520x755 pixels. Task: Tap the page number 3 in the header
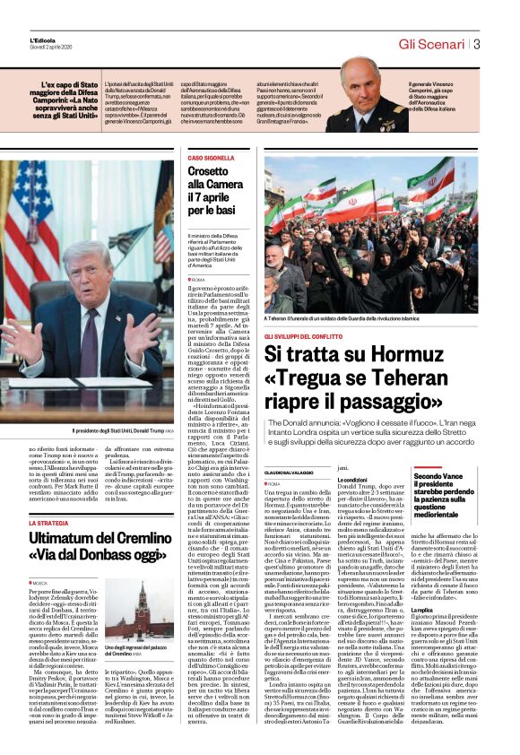pyautogui.click(x=477, y=44)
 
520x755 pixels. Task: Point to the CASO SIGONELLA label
pyautogui.click(x=211, y=158)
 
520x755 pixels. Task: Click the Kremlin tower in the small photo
pyautogui.click(x=141, y=606)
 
